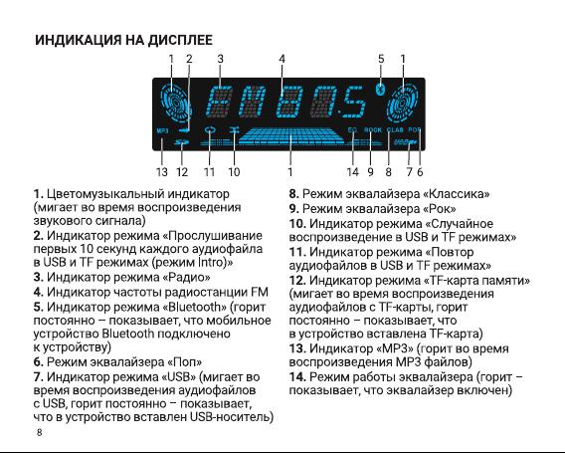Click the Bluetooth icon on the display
tap(379, 89)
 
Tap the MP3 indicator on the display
tap(162, 130)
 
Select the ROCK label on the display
tap(373, 129)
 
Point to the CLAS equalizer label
tap(395, 129)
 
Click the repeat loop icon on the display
tap(209, 129)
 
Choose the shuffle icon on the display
tap(234, 130)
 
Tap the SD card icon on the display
tap(182, 142)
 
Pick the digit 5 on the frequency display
tap(354, 103)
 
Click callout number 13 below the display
tap(162, 172)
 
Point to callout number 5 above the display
tap(381, 59)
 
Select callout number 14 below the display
tap(353, 172)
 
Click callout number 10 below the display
tap(234, 172)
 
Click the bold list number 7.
tap(38, 377)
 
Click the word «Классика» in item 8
tap(457, 194)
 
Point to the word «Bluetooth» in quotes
tap(195, 307)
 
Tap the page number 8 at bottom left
tap(39, 432)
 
